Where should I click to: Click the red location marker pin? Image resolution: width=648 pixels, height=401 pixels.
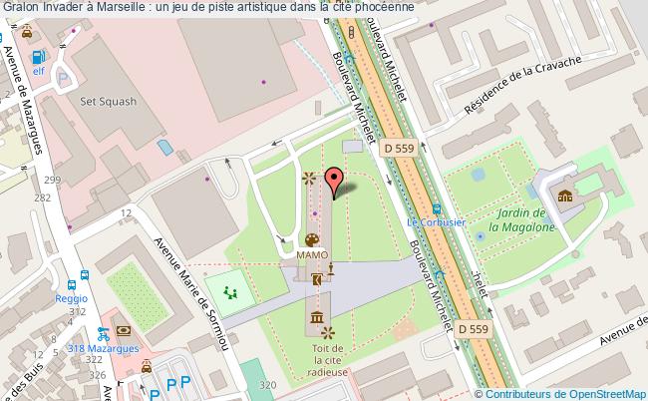click(335, 184)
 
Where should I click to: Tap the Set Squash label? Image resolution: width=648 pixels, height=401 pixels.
click(102, 100)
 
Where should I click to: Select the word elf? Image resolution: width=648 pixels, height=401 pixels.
click(39, 71)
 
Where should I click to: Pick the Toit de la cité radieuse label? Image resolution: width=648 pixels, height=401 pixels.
click(328, 359)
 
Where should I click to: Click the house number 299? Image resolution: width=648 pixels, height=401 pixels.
click(52, 180)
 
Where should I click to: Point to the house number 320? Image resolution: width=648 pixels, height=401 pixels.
click(265, 384)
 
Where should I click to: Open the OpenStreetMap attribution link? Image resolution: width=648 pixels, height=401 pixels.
click(586, 393)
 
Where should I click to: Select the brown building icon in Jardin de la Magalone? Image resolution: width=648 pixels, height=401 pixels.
click(565, 195)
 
